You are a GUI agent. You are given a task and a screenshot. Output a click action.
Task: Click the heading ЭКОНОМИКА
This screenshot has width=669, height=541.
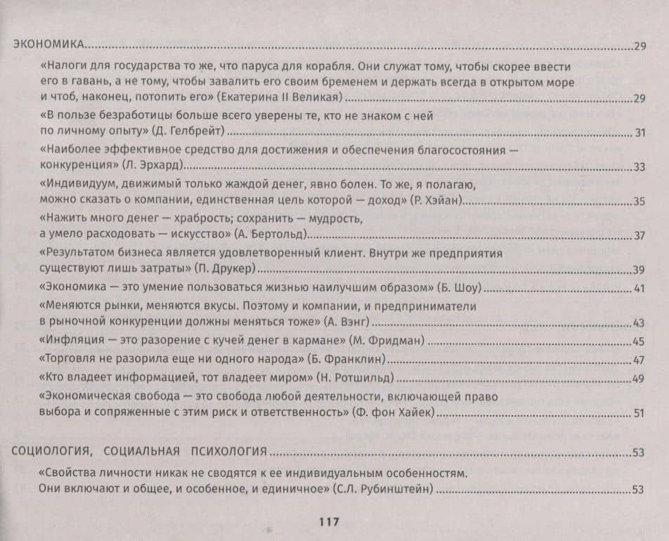(x=48, y=46)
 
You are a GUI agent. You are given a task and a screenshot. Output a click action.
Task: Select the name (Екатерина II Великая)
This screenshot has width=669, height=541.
(x=279, y=98)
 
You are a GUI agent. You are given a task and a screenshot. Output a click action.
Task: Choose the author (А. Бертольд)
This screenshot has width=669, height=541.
(x=268, y=235)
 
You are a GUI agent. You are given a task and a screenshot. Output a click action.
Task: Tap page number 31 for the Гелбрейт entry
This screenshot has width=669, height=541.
(x=639, y=132)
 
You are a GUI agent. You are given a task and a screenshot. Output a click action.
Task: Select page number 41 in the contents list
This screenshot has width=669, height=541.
(x=639, y=289)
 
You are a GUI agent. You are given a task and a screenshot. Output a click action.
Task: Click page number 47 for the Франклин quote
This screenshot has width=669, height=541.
(x=639, y=360)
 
